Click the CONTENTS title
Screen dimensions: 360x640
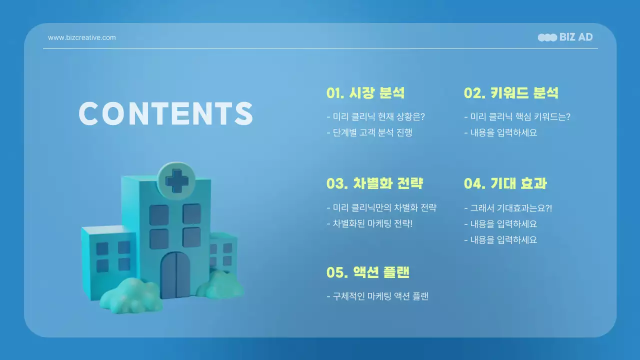[x=166, y=114]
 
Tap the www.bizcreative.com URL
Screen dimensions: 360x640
[x=81, y=37]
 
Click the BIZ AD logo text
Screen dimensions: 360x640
[x=576, y=37]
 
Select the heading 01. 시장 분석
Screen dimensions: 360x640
[x=365, y=93]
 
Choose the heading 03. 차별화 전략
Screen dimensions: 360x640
[x=374, y=183]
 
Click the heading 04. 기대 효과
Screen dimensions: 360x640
[x=505, y=183]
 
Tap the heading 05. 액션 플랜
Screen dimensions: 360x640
[x=367, y=272]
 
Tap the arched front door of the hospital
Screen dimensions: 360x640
[x=175, y=274]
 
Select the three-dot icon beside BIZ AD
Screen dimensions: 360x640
[x=547, y=37]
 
